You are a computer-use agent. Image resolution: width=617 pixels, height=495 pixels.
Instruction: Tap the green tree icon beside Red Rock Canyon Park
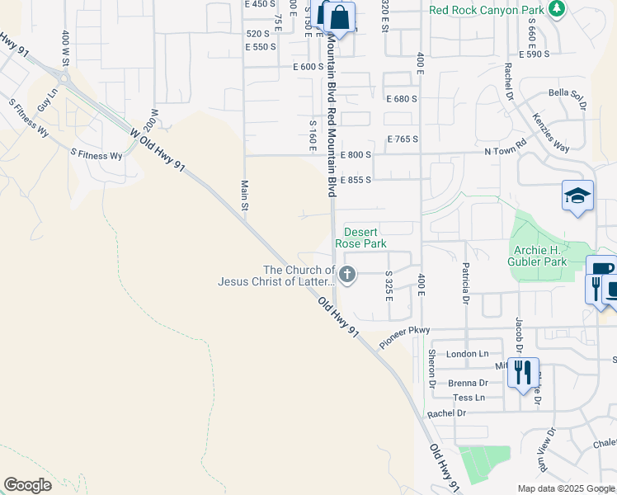point(558,9)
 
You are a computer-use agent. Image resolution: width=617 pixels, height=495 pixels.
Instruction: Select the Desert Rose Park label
point(360,238)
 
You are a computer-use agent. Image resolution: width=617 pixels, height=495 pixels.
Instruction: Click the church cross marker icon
point(348,274)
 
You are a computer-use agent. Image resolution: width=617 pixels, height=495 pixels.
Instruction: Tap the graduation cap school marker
point(577,196)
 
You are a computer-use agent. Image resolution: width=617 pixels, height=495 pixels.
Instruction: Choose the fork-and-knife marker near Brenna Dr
point(522,373)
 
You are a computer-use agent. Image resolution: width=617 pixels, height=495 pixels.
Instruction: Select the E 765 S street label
point(402,139)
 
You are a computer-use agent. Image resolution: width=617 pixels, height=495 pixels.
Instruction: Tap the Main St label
point(245,196)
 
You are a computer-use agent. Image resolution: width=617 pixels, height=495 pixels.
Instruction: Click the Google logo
point(27,485)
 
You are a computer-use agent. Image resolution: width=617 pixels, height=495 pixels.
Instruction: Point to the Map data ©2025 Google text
point(565,488)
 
